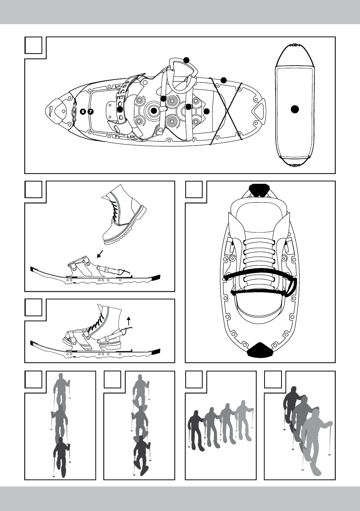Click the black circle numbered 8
click(x=83, y=112)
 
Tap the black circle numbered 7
click(x=91, y=112)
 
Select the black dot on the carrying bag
click(x=295, y=109)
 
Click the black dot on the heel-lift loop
click(x=187, y=60)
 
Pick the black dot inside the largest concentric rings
click(x=154, y=111)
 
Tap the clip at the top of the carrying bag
click(x=294, y=45)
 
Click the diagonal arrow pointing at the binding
click(x=100, y=254)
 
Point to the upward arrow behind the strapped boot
click(x=129, y=321)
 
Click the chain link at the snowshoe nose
click(x=74, y=111)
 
